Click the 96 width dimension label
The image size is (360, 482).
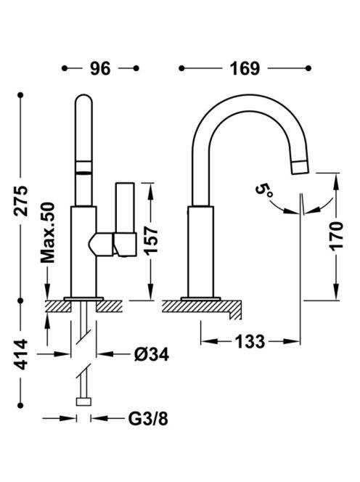coord(100,68)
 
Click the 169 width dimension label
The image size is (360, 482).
coord(245,68)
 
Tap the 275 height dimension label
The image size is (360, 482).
coord(22,200)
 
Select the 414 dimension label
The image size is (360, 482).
coord(22,354)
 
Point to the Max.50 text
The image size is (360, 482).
coord(48,233)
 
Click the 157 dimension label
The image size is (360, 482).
coord(151,240)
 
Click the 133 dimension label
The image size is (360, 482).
coord(250,341)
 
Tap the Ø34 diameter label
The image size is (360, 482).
coord(152,355)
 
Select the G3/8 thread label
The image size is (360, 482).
coord(148,418)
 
